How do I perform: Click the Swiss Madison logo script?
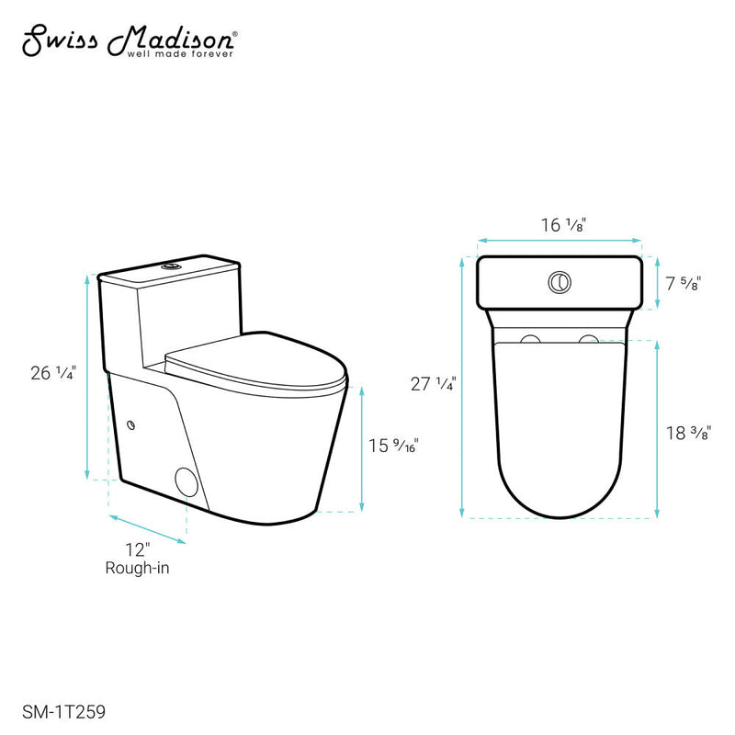pyautogui.click(x=128, y=39)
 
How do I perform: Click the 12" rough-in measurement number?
pyautogui.click(x=137, y=551)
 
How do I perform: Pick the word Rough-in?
pyautogui.click(x=138, y=569)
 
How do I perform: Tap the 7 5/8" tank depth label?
pyautogui.click(x=683, y=284)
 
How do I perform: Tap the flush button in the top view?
pyautogui.click(x=559, y=281)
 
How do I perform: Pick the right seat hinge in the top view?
pyautogui.click(x=587, y=341)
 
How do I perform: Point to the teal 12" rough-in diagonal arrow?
pyautogui.click(x=147, y=529)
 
